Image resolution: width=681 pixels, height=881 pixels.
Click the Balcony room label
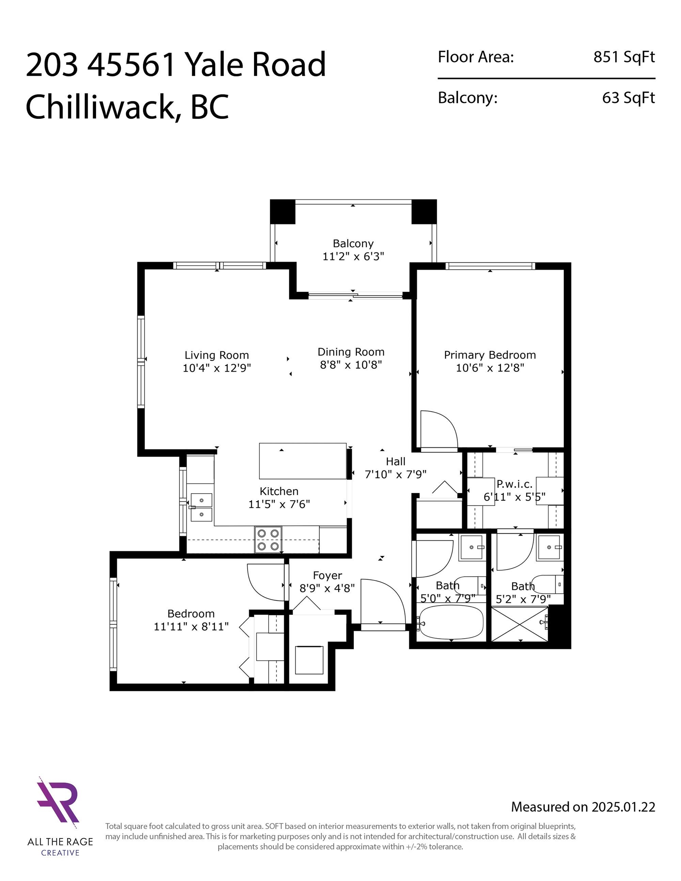pyautogui.click(x=353, y=244)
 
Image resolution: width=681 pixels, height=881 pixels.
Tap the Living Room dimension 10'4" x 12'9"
pyautogui.click(x=217, y=368)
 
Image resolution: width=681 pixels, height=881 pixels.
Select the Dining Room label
pyautogui.click(x=351, y=352)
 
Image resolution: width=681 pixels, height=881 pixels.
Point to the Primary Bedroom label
pyautogui.click(x=490, y=355)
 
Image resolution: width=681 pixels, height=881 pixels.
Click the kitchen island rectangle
pyautogui.click(x=303, y=461)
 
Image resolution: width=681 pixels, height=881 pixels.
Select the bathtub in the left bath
pyautogui.click(x=451, y=623)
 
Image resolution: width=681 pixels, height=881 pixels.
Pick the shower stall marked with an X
pyautogui.click(x=520, y=624)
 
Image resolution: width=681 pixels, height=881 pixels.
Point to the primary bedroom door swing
pyautogui.click(x=439, y=429)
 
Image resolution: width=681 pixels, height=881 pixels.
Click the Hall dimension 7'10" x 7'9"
pyautogui.click(x=396, y=475)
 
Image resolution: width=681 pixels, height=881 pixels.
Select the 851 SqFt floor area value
pyautogui.click(x=624, y=57)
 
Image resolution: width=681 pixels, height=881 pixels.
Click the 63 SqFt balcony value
pyautogui.click(x=629, y=98)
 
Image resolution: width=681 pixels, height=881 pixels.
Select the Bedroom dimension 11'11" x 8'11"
pyautogui.click(x=191, y=626)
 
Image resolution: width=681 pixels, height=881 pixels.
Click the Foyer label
pyautogui.click(x=327, y=575)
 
